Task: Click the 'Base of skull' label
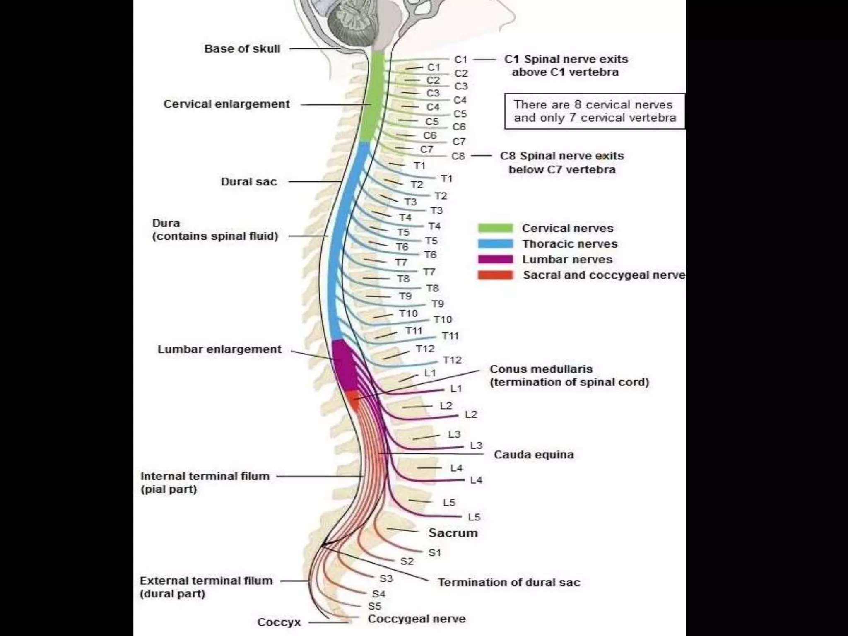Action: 242,49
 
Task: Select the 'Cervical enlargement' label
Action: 226,104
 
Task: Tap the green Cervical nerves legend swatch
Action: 495,228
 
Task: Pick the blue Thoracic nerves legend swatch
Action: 495,244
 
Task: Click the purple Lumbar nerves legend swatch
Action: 495,260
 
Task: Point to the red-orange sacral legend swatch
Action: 495,275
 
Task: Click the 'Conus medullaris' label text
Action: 541,369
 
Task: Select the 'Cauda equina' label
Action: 534,455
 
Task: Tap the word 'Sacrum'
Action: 453,533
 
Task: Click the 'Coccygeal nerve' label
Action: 417,619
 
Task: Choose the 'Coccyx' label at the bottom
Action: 279,622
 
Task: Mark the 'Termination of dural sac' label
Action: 509,583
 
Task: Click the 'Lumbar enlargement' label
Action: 219,349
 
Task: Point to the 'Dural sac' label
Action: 248,182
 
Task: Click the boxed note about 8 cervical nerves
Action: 595,111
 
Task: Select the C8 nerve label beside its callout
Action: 458,157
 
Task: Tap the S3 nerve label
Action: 386,578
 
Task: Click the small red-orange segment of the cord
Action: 353,399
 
